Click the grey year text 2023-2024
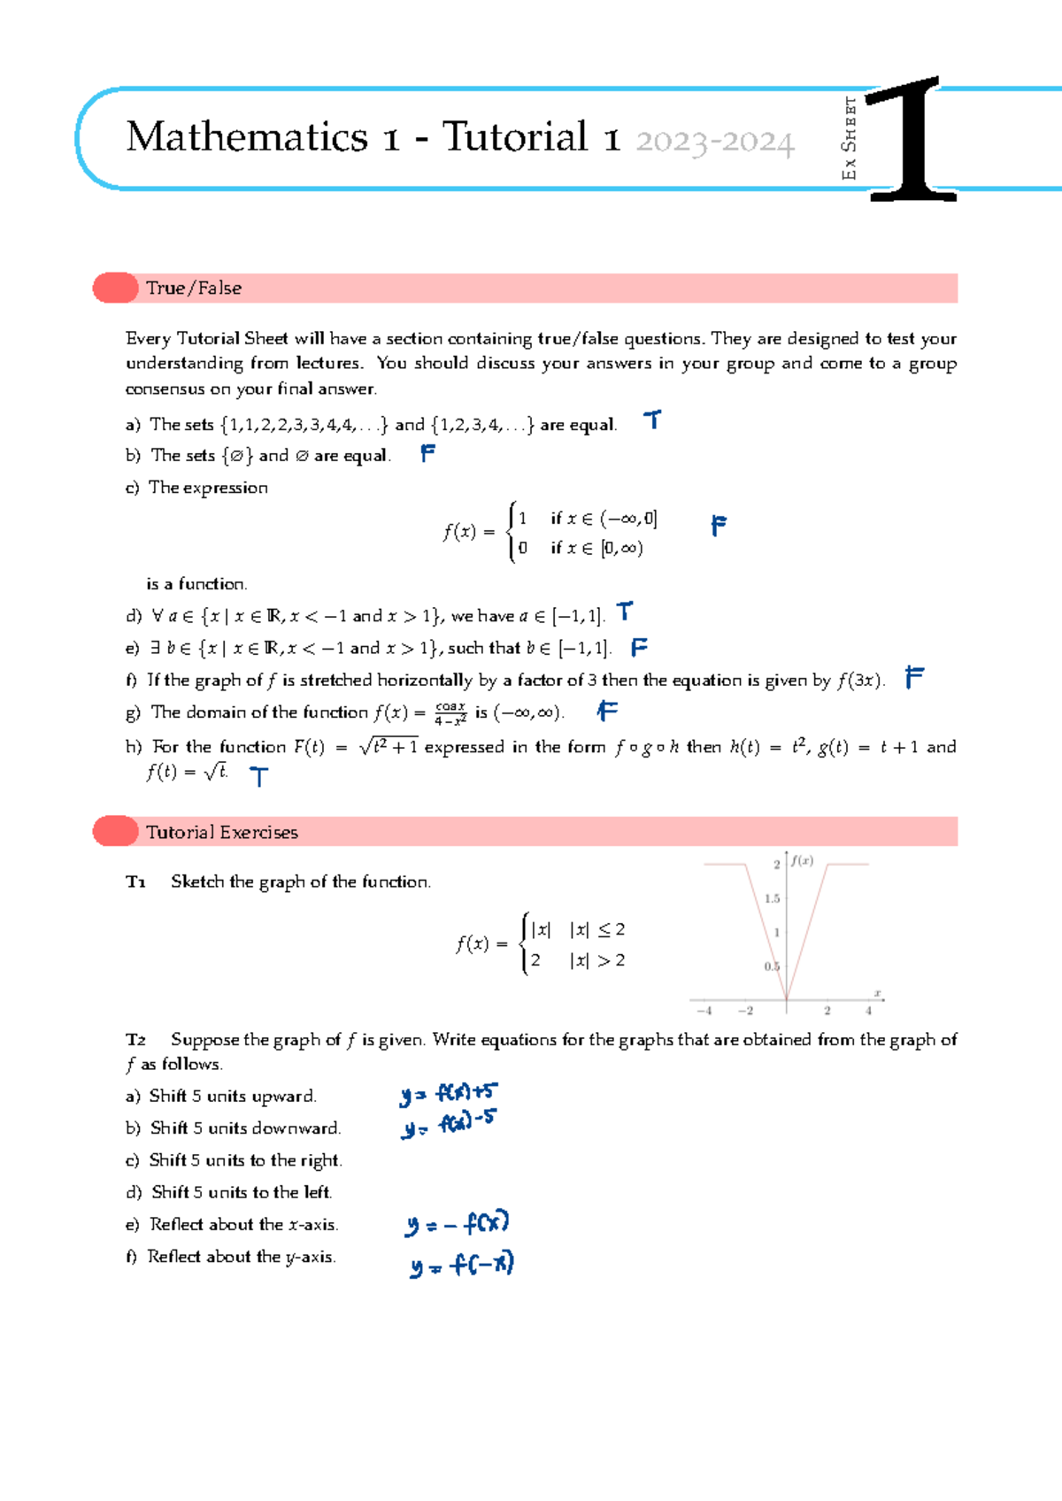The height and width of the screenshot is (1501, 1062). pos(714,142)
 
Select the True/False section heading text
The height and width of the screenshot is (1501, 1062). pos(194,289)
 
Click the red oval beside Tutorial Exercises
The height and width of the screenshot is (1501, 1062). pos(116,831)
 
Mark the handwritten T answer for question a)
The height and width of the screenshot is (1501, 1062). pos(652,420)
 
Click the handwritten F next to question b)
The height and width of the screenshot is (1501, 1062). pos(427,453)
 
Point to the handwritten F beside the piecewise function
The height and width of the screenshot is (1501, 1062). pos(719,526)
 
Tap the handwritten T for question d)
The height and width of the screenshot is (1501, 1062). pos(625,612)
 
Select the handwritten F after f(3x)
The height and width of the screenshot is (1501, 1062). pos(914,678)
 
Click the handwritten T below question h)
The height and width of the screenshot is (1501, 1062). pos(258,777)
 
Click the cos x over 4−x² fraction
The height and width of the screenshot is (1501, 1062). pos(450,713)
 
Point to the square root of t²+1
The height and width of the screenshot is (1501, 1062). pos(389,746)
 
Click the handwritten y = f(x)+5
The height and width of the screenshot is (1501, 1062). pos(449,1094)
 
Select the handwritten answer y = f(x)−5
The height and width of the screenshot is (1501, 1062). pos(448,1126)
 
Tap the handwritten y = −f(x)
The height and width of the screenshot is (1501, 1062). pos(457,1225)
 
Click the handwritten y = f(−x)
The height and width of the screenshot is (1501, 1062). pos(461,1265)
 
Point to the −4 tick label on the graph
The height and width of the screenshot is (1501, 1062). pos(704,1011)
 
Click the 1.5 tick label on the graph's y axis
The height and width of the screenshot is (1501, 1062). pos(772,898)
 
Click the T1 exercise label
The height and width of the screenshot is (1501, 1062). pos(135,882)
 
